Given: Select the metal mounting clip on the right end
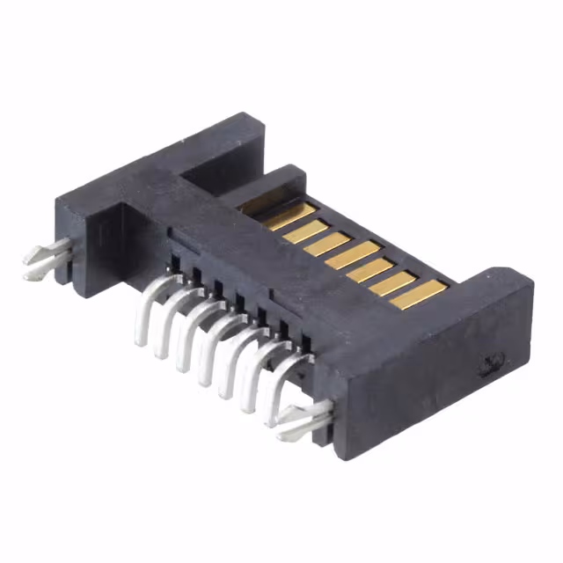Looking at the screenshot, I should pos(303,420).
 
